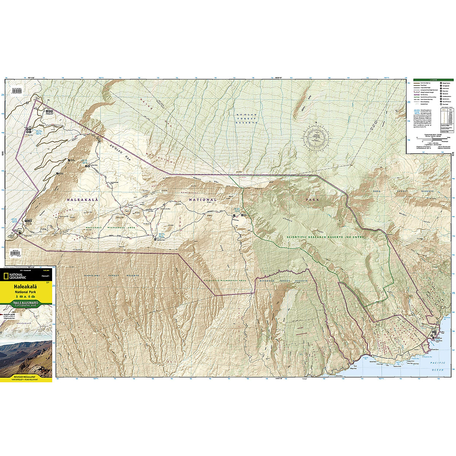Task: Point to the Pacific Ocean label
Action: click(439, 366)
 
